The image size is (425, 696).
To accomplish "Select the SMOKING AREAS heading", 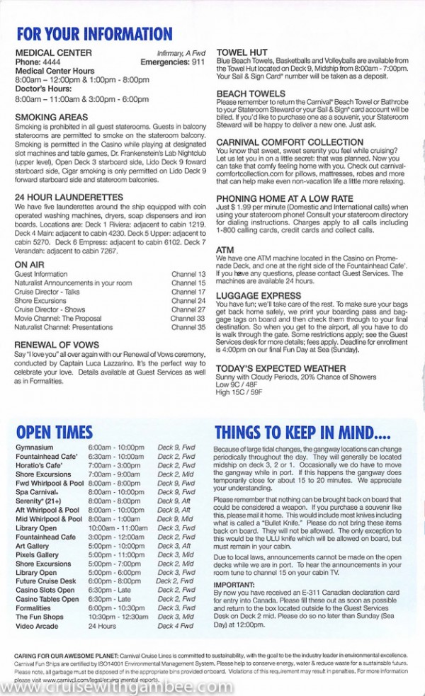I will tap(51, 118).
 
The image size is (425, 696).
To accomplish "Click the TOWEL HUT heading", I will tap(242, 52).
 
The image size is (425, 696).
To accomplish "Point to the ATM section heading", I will tap(225, 251).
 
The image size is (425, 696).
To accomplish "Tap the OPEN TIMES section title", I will tap(55, 432).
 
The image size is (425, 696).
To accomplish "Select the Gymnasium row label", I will tap(34, 448).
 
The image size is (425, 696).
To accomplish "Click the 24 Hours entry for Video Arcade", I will tap(101, 626).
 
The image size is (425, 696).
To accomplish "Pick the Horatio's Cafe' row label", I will tap(40, 465).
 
